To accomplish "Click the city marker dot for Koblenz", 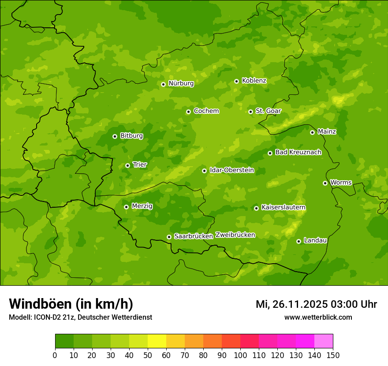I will coord(236,81).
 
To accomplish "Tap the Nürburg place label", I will coord(181,83).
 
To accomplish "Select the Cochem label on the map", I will coord(206,111).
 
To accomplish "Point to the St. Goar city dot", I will coord(250,112).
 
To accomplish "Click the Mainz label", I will coord(327,131).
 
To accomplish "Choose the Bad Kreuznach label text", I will coord(298,152).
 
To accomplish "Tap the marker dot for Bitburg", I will coord(115,136).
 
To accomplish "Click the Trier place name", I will coord(140,164).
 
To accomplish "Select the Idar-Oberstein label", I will coord(231,170).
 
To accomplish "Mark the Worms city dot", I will coord(325,183).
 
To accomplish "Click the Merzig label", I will coord(142,206).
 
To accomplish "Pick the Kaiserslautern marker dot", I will coord(256,208).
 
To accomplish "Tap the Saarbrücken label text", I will coord(194,236).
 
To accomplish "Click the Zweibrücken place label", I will coord(235,235).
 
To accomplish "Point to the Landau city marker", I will coord(298,241).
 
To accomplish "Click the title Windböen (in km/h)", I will coord(71,304).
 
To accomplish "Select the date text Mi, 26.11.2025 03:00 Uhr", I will coord(316,304).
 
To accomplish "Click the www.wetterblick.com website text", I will coord(318,317).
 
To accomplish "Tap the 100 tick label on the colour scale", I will coord(240,355).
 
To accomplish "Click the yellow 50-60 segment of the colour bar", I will coord(157,341).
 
